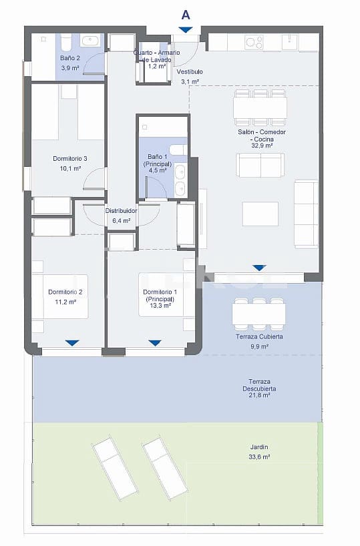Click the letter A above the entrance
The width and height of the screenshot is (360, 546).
186,13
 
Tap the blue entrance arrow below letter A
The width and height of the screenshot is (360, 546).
186,29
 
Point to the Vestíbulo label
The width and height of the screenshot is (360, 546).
190,71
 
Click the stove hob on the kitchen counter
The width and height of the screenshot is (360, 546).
253,42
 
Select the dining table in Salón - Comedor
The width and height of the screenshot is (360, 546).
260,107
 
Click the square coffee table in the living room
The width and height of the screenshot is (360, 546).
260,214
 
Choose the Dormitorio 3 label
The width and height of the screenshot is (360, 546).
70,159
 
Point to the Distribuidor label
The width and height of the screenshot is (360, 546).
121,211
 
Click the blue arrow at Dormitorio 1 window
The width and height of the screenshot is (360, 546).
155,343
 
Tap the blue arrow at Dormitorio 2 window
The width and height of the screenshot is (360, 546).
72,343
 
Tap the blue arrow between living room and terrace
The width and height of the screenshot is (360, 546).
259,268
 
